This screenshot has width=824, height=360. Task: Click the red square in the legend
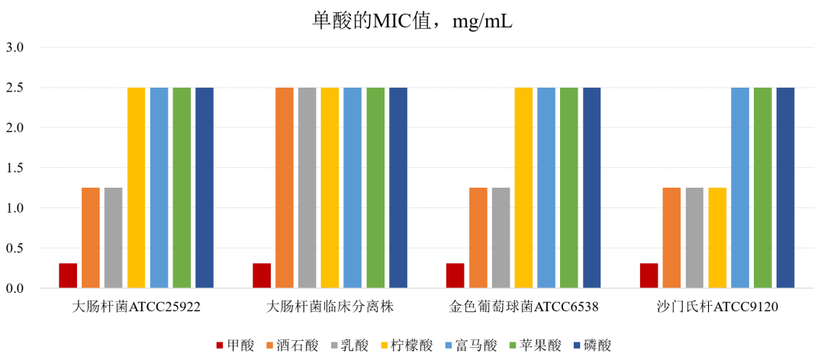tap(220, 346)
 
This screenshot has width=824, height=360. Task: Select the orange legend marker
tap(270, 346)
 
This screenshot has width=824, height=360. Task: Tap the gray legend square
tap(334, 346)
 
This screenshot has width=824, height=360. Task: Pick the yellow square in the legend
tap(385, 346)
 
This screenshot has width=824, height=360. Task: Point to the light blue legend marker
tap(449, 346)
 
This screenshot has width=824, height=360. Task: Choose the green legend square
tap(513, 346)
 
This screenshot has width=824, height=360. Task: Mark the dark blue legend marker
tap(577, 346)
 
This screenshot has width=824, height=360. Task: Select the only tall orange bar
tap(285, 188)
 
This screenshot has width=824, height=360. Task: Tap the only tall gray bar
tap(307, 188)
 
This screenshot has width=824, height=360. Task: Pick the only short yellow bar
tap(717, 237)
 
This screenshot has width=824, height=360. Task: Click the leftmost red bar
tap(68, 275)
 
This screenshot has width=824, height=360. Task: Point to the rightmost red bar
tap(649, 275)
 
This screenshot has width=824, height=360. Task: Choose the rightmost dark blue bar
tap(785, 188)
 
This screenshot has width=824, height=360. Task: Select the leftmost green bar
tap(182, 188)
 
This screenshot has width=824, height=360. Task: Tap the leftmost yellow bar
tap(137, 188)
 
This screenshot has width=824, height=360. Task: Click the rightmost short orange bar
tap(671, 237)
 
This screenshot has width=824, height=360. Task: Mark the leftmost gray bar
tap(113, 237)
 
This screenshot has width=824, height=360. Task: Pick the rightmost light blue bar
tap(740, 188)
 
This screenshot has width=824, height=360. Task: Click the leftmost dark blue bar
tap(204, 188)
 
